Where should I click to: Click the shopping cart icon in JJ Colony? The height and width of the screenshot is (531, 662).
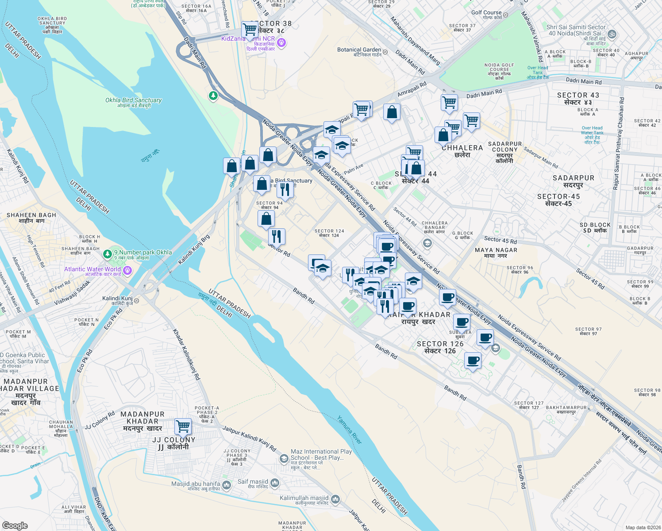point(183,427)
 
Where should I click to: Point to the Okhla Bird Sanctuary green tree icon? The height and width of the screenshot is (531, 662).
point(213,96)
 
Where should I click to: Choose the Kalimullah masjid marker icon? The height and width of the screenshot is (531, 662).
point(335,500)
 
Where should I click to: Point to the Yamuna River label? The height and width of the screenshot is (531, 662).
point(350,430)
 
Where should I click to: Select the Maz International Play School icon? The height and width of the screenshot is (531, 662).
point(284,458)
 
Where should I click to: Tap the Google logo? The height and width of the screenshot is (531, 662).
point(15,526)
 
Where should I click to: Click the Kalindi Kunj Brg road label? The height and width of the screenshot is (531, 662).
point(194,250)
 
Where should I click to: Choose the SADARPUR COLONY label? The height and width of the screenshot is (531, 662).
point(505,147)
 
